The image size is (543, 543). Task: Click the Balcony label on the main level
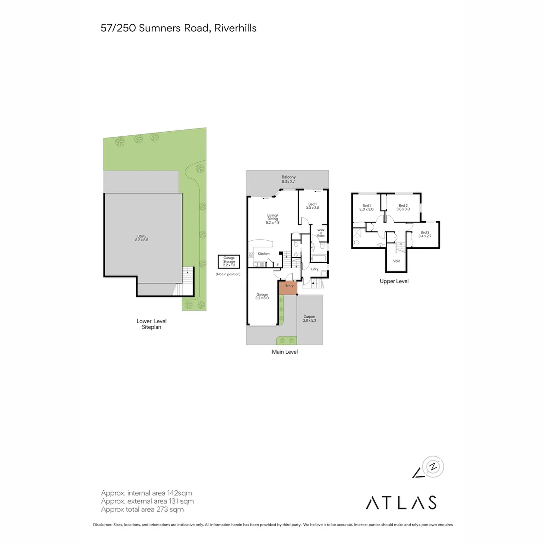click(x=288, y=179)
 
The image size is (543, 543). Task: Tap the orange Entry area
click(x=288, y=287)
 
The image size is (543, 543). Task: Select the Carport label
click(x=309, y=319)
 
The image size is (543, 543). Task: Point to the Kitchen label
click(x=264, y=254)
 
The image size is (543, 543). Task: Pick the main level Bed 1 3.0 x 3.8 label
click(x=312, y=206)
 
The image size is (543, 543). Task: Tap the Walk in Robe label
click(x=321, y=233)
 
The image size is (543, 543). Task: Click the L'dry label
click(x=315, y=270)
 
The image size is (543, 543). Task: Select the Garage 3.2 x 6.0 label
click(x=262, y=296)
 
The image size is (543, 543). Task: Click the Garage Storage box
click(x=229, y=262)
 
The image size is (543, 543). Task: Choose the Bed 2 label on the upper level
click(x=403, y=207)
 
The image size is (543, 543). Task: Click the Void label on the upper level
click(x=397, y=261)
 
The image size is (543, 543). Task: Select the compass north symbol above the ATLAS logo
click(x=434, y=467)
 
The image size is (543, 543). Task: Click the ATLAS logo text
click(x=401, y=502)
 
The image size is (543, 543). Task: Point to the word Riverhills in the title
click(x=235, y=28)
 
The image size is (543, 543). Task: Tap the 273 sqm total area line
click(x=142, y=509)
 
